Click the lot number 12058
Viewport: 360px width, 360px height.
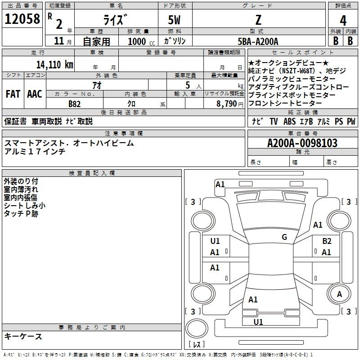coord(22,19)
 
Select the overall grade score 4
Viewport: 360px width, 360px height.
coord(343,20)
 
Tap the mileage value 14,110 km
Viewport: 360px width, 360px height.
coord(55,64)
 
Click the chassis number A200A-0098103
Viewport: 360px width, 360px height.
coord(302,143)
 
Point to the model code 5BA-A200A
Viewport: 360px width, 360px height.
coord(258,41)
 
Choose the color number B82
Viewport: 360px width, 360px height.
coord(74,104)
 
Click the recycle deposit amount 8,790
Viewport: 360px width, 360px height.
coord(227,104)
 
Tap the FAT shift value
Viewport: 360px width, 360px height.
coord(13,94)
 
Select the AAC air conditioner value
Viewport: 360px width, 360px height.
coord(35,94)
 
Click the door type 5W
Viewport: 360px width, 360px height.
coord(174,20)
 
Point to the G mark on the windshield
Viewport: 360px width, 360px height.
coord(284,237)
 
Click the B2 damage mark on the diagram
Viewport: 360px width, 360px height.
coord(327,241)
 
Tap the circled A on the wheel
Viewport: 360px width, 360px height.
coord(339,294)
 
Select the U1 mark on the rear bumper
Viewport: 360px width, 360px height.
coord(258,322)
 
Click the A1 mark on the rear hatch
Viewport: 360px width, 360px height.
coord(253,300)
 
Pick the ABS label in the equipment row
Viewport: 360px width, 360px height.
coord(289,121)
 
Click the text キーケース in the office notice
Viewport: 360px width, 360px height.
coord(23,336)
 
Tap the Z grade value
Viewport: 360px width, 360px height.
coord(258,20)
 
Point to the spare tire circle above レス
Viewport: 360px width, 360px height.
coord(197,328)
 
